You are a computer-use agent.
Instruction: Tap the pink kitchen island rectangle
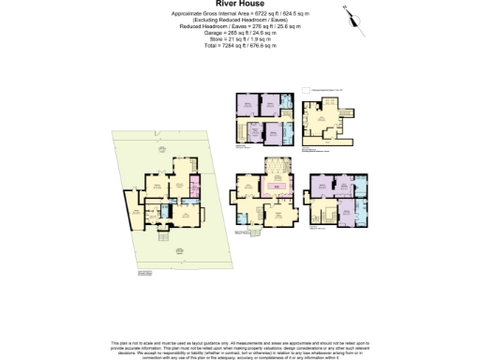point(278,187)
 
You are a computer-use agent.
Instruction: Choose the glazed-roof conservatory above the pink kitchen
point(278,169)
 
